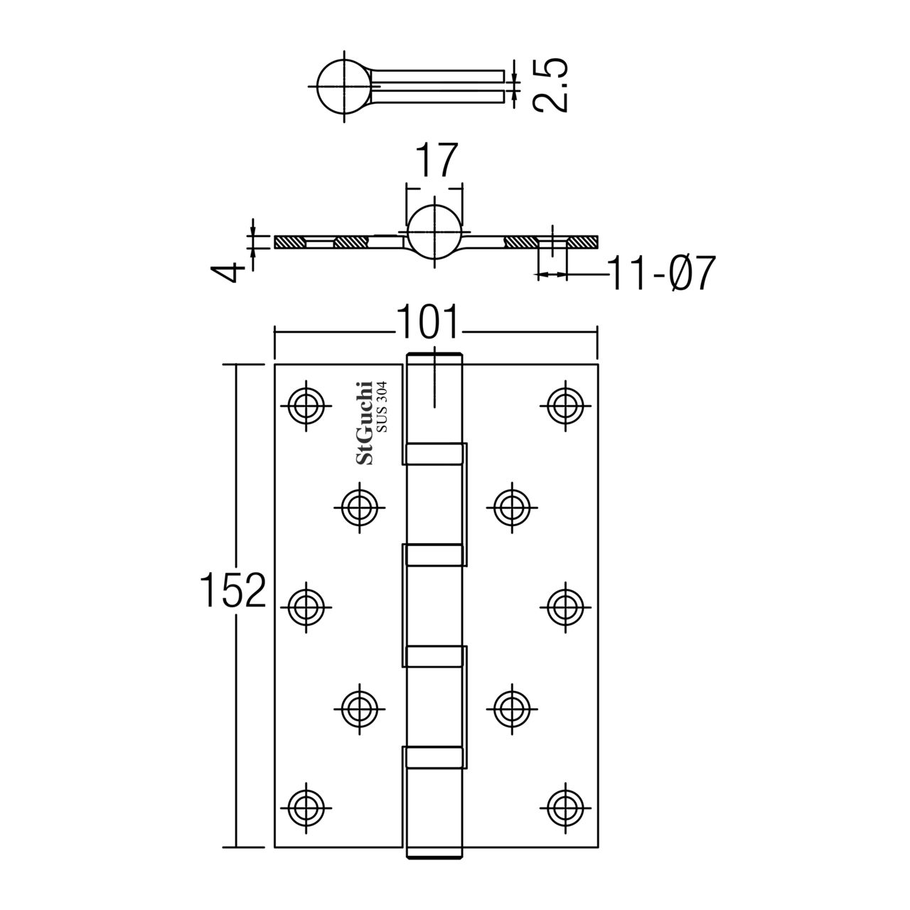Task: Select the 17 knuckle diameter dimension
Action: point(434,161)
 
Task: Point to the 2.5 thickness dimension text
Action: point(550,85)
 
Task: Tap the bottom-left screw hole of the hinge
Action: point(307,806)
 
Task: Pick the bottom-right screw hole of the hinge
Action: point(565,806)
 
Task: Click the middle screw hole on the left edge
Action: point(307,606)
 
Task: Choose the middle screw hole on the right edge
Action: point(565,606)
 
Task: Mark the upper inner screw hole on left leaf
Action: point(359,505)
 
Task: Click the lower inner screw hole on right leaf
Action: point(513,706)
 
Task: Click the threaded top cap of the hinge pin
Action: point(434,357)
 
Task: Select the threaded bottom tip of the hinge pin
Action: point(434,854)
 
